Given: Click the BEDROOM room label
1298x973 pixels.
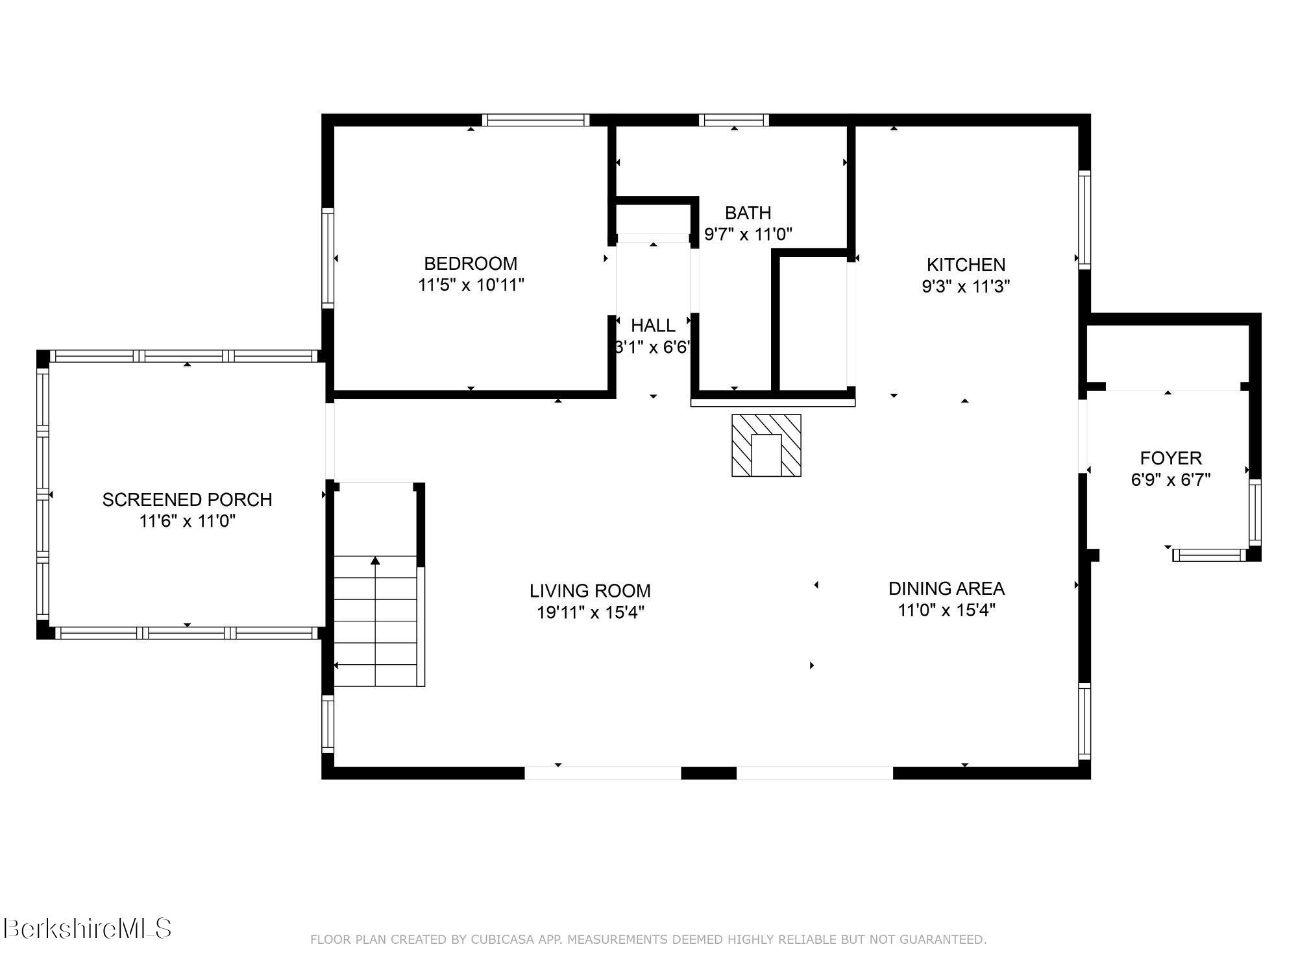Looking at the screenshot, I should (471, 263).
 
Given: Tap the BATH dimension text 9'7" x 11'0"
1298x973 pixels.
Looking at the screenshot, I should (748, 234).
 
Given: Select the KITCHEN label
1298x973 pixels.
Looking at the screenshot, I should (966, 265).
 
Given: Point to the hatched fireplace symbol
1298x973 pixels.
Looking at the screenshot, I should (766, 446).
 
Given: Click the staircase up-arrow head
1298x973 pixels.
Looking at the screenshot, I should (375, 560).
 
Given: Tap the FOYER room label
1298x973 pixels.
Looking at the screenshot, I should (1171, 458).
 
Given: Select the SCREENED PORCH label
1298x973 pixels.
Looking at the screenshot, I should (187, 499).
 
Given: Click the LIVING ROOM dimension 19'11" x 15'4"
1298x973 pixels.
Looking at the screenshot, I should (590, 612).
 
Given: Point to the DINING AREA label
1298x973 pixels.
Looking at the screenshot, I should (946, 588).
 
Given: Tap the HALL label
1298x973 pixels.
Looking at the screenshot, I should (653, 325).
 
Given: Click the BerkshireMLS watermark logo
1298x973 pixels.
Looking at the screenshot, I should (88, 929).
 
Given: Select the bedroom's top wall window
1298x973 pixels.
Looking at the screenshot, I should (536, 120).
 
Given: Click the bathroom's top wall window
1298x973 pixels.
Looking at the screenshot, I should (733, 120).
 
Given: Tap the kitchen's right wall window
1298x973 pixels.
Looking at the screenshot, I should (1084, 219).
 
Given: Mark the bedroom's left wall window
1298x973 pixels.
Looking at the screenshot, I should (328, 258).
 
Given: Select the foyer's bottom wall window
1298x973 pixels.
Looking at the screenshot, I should (1209, 555).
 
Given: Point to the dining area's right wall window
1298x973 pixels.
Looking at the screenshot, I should (1084, 720).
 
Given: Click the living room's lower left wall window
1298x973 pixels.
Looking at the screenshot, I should (328, 723).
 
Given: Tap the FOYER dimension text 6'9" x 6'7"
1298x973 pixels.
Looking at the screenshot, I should (1171, 480).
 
